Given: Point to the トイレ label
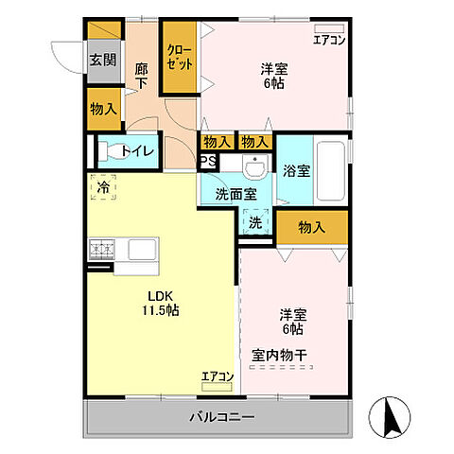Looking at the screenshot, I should click(x=134, y=150).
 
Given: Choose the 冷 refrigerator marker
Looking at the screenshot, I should click(x=102, y=187).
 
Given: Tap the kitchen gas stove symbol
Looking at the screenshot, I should click(x=102, y=251).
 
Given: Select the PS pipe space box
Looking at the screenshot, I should click(x=205, y=162).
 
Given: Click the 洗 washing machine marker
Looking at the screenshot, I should click(x=255, y=223).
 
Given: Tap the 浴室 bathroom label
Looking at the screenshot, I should click(x=295, y=171).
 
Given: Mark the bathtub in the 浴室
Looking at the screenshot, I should click(x=330, y=169).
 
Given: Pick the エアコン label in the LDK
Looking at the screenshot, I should click(x=217, y=376).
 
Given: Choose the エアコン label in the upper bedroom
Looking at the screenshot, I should click(x=329, y=40).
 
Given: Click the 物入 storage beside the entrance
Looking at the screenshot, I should click(x=103, y=108).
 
